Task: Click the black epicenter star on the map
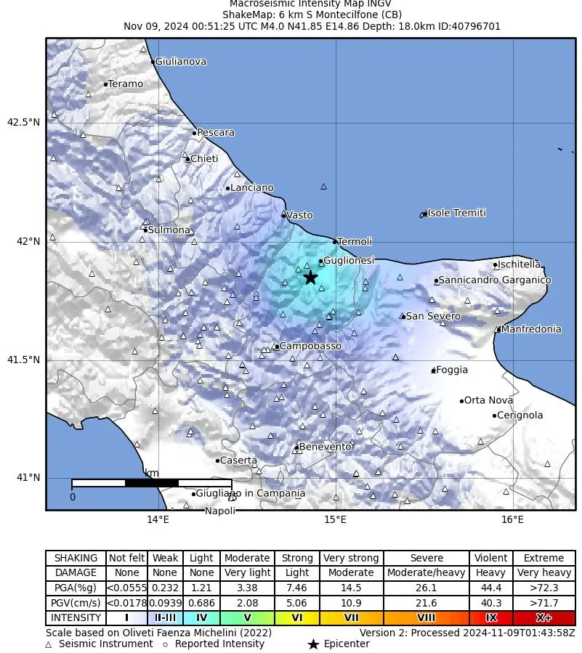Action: [310, 277]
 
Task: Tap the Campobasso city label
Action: [310, 346]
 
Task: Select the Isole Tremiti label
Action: [456, 214]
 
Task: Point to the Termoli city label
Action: [355, 242]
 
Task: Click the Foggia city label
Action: [452, 370]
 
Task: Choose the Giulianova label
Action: [180, 62]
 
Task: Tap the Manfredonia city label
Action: [530, 329]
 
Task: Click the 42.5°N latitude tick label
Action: [23, 122]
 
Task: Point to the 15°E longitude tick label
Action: [335, 519]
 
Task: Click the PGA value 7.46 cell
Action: [297, 588]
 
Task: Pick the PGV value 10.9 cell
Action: [351, 603]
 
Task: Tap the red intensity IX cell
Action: [490, 618]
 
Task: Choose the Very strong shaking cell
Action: [351, 558]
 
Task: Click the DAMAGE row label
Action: [76, 573]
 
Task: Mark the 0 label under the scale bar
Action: [72, 498]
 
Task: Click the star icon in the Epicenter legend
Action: [313, 644]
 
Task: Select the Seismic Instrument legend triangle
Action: [49, 644]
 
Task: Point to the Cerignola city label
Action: [520, 415]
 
